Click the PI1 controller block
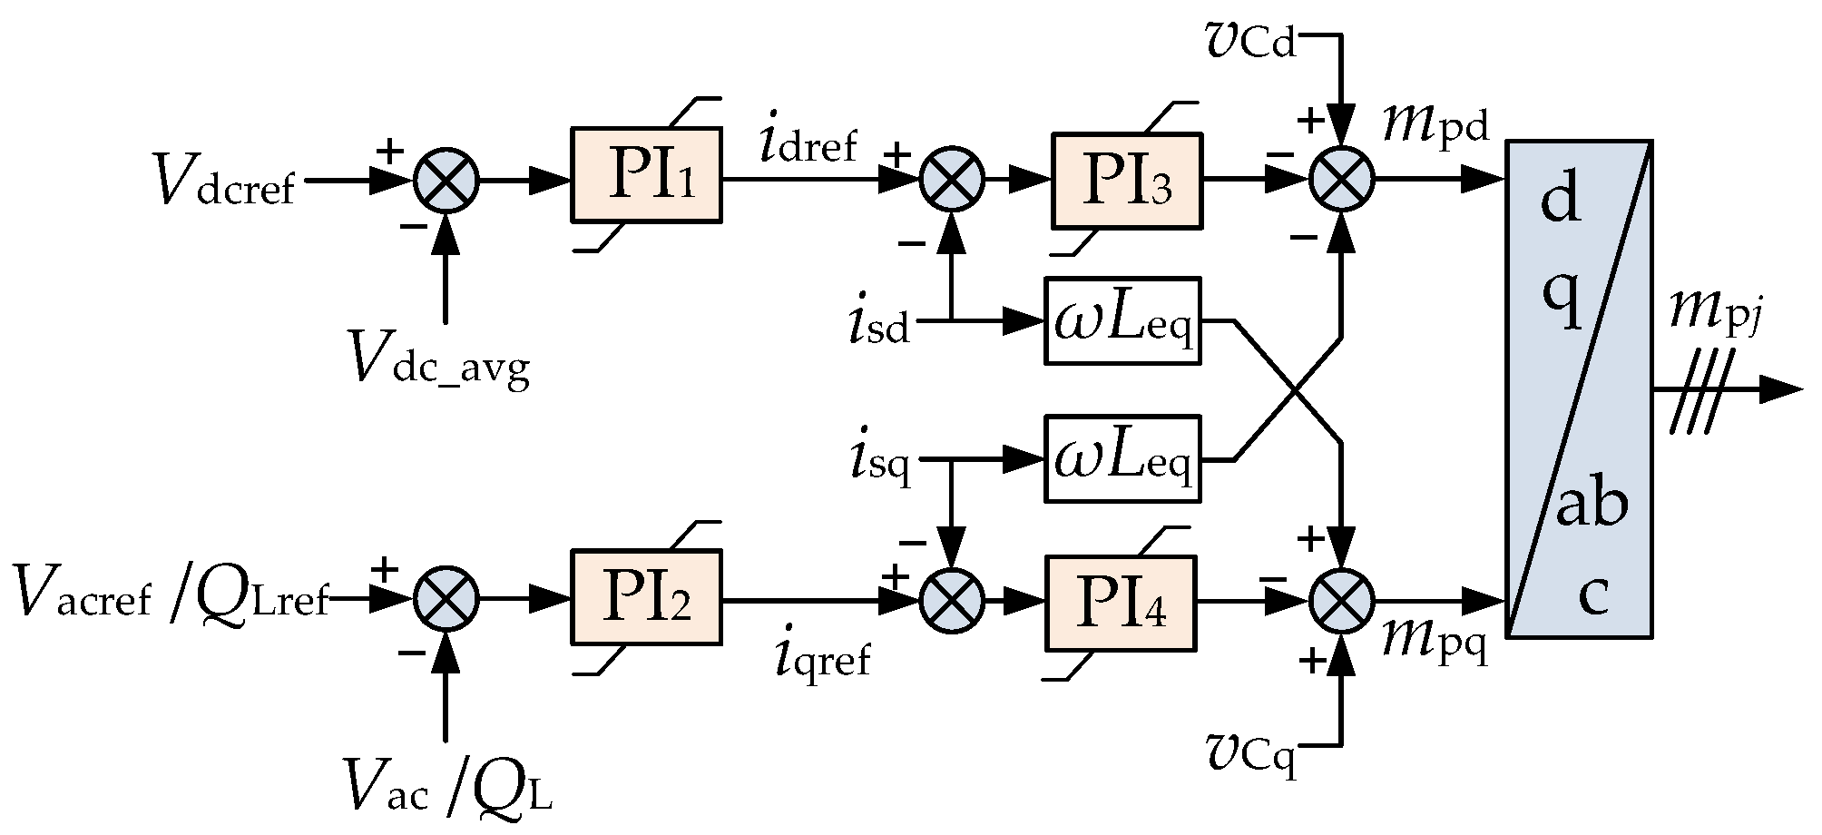pyautogui.click(x=646, y=175)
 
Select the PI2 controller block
pyautogui.click(x=646, y=597)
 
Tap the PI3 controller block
pyautogui.click(x=1126, y=180)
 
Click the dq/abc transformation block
pyautogui.click(x=1579, y=388)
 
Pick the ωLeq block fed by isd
pyautogui.click(x=1122, y=320)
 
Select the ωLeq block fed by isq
pyautogui.click(x=1122, y=459)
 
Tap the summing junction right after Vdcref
pyautogui.click(x=446, y=181)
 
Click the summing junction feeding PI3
pyautogui.click(x=952, y=181)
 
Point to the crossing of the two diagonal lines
pyautogui.click(x=1289, y=390)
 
